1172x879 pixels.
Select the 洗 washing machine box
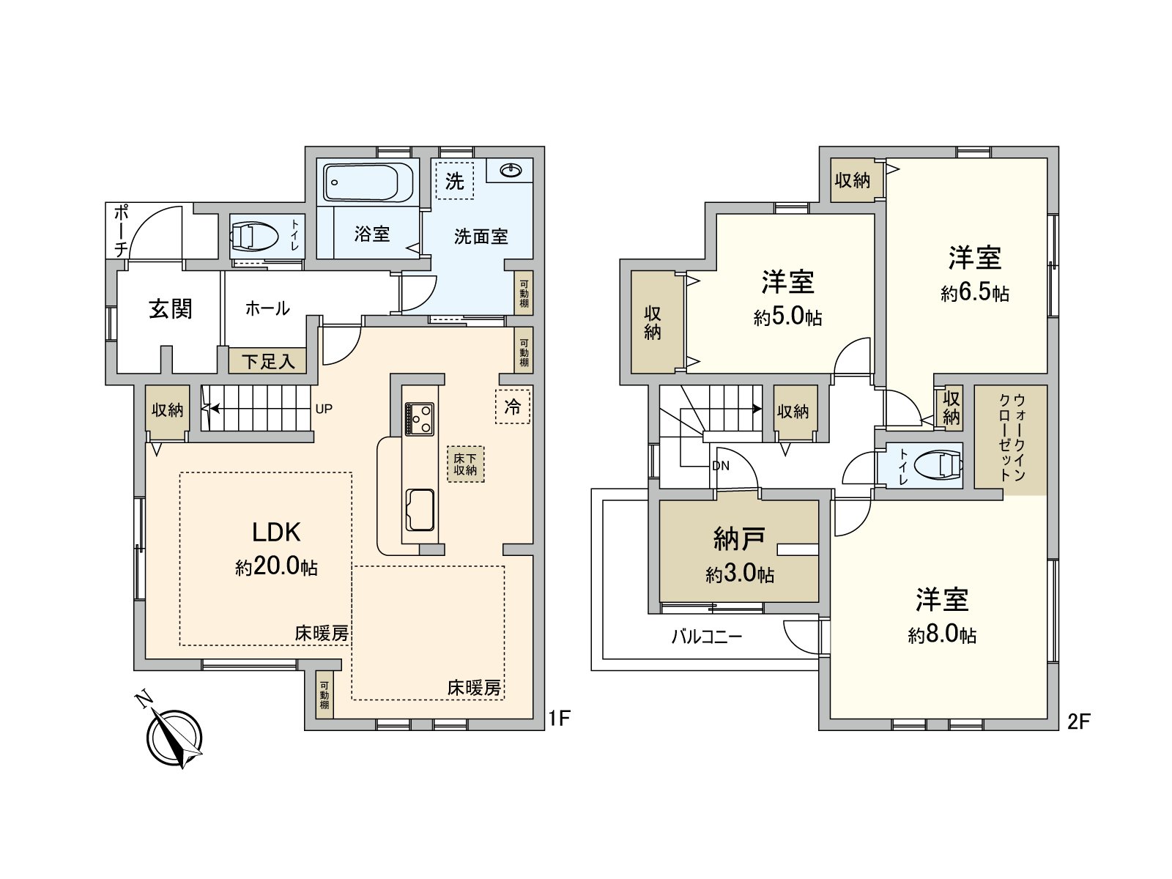(x=455, y=180)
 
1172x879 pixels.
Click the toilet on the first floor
(x=254, y=236)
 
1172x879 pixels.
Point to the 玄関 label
(x=171, y=308)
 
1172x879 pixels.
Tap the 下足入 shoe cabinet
(x=267, y=361)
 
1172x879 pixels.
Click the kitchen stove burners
(x=419, y=420)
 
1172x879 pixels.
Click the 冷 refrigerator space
(x=513, y=406)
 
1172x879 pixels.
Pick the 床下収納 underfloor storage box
(x=465, y=464)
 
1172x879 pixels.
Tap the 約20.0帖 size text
(x=276, y=567)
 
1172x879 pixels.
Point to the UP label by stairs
(x=324, y=409)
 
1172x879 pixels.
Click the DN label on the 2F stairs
(x=720, y=466)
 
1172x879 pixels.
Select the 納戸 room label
(x=739, y=539)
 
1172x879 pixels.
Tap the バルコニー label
(x=707, y=636)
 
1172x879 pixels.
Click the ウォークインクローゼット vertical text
(x=1011, y=438)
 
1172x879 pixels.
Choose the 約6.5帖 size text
(x=975, y=293)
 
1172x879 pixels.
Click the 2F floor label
(x=1078, y=722)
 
